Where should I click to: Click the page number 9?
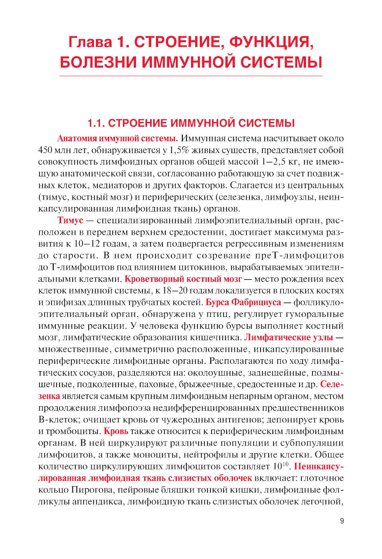point(342,521)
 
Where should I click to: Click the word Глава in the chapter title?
point(90,42)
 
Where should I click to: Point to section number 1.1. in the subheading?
point(96,123)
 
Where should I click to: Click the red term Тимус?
point(70,220)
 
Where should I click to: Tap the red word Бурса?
point(217,302)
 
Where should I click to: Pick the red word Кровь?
point(116,431)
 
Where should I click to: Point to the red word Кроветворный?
point(152,279)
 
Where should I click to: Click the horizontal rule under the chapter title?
point(191,76)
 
